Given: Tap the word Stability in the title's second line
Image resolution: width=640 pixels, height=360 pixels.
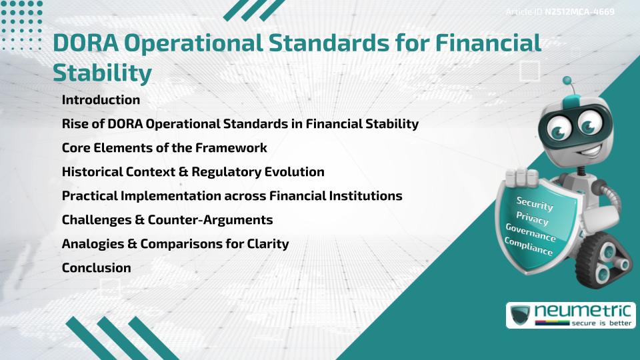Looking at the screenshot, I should click(102, 73).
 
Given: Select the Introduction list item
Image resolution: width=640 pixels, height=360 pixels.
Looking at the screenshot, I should click(101, 100).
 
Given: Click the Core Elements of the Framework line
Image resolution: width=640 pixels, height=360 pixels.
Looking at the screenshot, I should click(164, 148).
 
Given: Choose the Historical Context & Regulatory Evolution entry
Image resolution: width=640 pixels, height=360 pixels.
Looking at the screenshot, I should click(193, 172).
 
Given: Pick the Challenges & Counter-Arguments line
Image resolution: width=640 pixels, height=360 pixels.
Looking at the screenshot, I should click(167, 220).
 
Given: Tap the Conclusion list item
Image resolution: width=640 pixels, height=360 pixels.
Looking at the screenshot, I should click(96, 268).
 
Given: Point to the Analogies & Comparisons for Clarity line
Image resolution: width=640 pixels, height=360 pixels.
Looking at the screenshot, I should click(175, 244).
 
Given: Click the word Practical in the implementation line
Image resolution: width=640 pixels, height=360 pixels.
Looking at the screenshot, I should click(90, 196).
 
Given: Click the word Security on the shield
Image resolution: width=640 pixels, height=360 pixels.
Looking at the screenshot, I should click(535, 204).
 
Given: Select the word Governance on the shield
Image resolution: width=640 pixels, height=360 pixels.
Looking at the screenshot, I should click(531, 233).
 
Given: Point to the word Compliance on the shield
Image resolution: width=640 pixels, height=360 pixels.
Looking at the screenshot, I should click(529, 247).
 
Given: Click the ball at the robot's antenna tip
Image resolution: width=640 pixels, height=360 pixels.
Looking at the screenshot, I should click(567, 81).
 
